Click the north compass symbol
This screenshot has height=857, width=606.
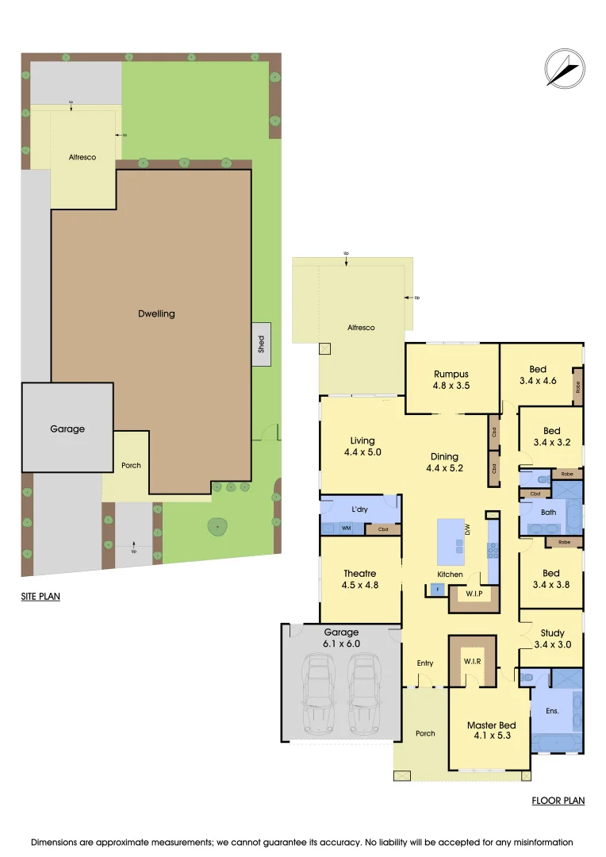563,68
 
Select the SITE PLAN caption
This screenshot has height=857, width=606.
40,596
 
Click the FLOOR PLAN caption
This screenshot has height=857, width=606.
558,801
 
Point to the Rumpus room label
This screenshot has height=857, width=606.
451,374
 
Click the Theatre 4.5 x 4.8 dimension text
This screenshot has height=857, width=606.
360,587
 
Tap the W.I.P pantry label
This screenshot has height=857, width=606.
474,593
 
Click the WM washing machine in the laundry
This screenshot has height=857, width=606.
346,528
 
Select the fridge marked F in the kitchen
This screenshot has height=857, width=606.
437,590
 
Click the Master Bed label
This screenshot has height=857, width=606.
491,725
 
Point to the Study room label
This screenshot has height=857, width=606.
553,632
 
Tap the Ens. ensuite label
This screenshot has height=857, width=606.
553,711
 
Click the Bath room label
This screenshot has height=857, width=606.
549,513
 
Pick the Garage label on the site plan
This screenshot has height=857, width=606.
67,428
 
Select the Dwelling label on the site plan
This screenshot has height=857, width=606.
155,313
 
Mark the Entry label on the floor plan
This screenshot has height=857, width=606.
425,663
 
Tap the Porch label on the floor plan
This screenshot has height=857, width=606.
425,733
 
